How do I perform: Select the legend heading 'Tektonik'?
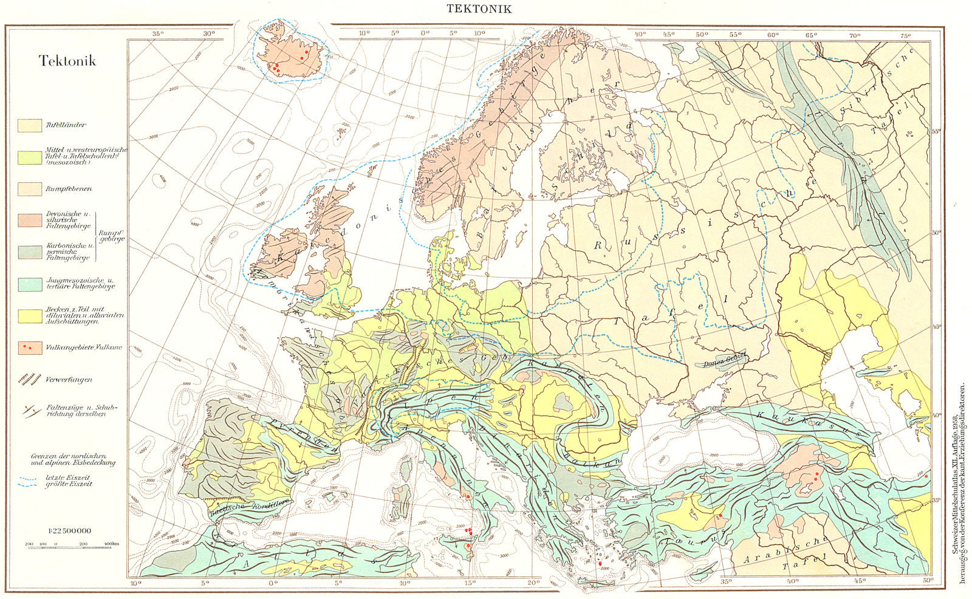(67, 61)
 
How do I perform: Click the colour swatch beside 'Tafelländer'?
(30, 125)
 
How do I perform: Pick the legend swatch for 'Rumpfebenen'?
(30, 188)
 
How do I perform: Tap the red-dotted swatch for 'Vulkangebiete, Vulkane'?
(30, 347)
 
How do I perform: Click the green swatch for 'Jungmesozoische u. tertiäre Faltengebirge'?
(30, 284)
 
